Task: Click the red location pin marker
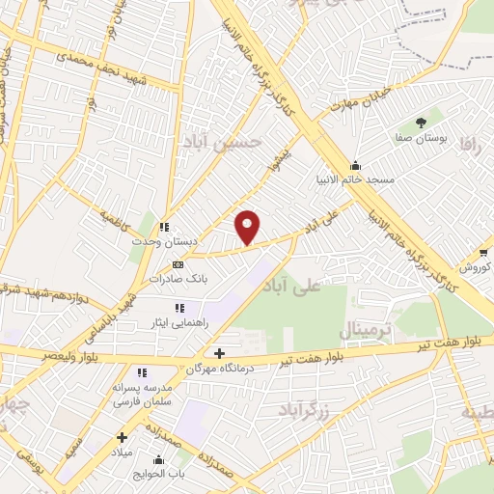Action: (x=248, y=226)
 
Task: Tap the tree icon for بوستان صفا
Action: (x=421, y=122)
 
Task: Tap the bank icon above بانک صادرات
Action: (x=178, y=263)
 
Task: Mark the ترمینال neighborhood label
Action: (x=367, y=332)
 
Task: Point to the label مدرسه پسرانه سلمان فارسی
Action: (x=143, y=394)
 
